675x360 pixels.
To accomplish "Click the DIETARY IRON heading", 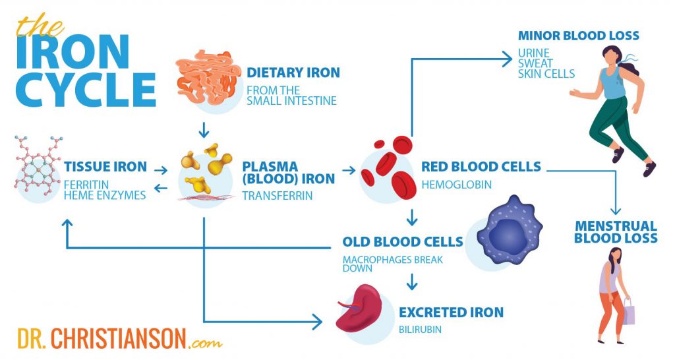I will point(293,73).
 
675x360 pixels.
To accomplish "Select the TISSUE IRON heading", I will point(105,166).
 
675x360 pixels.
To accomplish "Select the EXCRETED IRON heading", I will point(451,313).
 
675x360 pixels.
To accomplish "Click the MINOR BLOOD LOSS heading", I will point(578,36).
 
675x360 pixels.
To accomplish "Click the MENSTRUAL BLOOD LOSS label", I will point(616,232).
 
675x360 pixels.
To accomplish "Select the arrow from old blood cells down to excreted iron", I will point(412,282).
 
